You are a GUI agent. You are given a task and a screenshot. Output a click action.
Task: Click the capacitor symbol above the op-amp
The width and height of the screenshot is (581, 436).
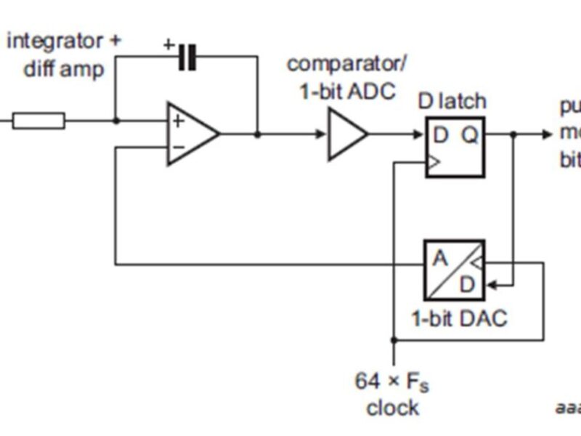pyautogui.click(x=187, y=57)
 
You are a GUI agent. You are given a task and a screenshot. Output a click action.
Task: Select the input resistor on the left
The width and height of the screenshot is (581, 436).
pyautogui.click(x=38, y=121)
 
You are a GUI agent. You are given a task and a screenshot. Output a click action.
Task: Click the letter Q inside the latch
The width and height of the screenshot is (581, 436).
pyautogui.click(x=471, y=135)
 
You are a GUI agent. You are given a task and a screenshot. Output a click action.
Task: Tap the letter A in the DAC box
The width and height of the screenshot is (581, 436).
pyautogui.click(x=440, y=258)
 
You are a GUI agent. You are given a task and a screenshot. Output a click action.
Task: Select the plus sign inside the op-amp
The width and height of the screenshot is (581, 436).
pyautogui.click(x=177, y=121)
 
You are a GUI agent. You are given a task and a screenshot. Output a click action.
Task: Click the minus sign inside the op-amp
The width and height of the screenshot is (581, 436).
pyautogui.click(x=177, y=147)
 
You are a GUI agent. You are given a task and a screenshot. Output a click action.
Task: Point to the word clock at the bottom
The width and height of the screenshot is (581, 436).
pyautogui.click(x=392, y=408)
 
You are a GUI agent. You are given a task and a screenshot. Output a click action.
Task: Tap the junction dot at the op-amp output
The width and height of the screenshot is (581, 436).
pyautogui.click(x=257, y=134)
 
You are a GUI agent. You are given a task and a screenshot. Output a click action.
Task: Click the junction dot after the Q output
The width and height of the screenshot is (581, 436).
pyautogui.click(x=514, y=134)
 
